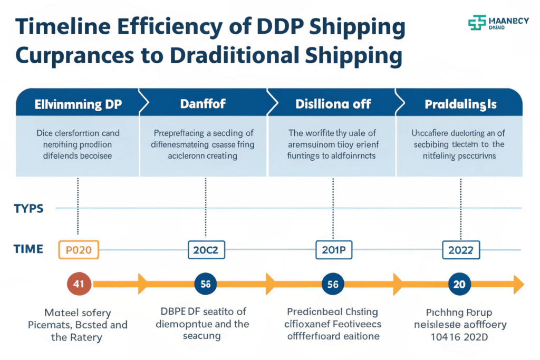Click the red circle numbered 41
point(79,284)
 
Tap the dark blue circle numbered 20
point(459,284)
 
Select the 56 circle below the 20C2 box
point(205,284)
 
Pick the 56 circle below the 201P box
point(332,284)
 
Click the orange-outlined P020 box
point(79,250)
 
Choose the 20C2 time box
point(206,250)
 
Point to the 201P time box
point(333,250)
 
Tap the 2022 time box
point(460,250)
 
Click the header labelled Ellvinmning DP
point(78,104)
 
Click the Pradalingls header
point(460,104)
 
